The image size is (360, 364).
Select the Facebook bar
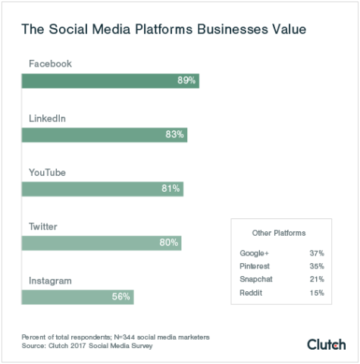tap(110, 80)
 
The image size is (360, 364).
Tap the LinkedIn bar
tap(104, 135)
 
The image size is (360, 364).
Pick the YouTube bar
tap(102, 189)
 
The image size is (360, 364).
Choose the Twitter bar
tap(101, 243)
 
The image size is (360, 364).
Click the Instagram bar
tap(77, 297)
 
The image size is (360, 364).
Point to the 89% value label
tap(186, 80)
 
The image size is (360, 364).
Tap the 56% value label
tap(122, 297)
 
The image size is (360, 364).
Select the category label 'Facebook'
tap(50, 64)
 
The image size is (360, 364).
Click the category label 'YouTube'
tap(47, 172)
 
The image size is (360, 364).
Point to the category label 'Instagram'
tap(50, 281)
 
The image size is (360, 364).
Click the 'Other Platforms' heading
tap(279, 233)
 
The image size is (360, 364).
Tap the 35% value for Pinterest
tap(317, 266)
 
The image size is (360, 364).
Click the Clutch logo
tap(326, 344)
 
